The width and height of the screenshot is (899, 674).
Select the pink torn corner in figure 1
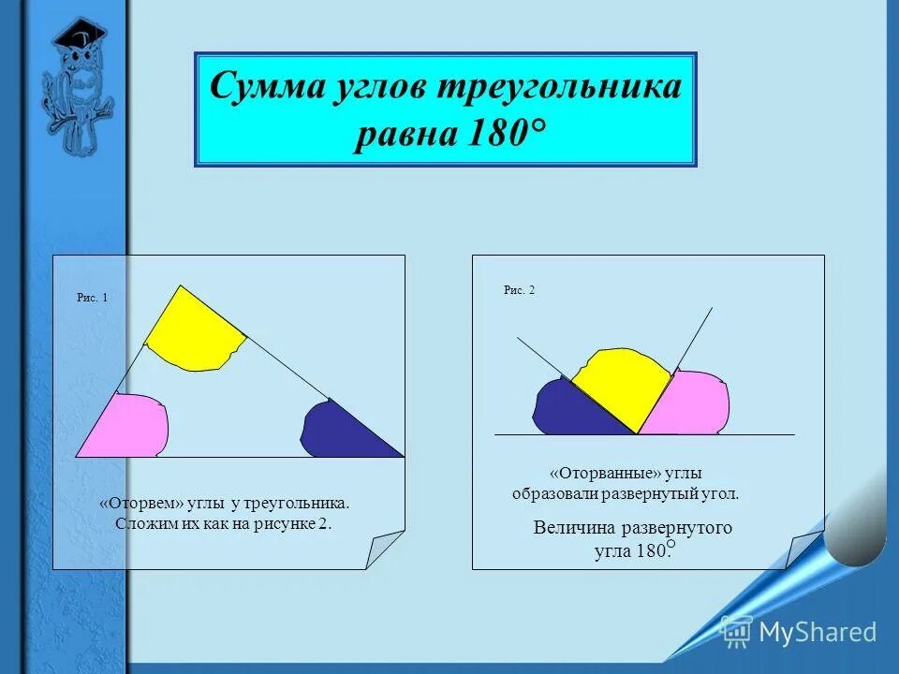[131, 426]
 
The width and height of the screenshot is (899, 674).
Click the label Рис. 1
[92, 298]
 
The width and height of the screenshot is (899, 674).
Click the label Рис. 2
[519, 290]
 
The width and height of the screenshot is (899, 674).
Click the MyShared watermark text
[817, 632]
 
